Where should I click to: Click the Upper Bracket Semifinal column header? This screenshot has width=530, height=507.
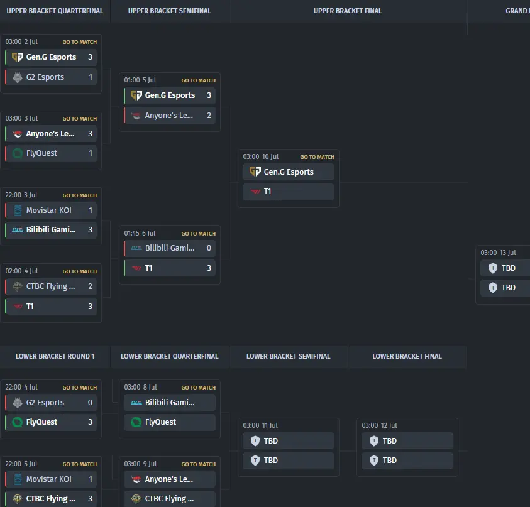point(169,11)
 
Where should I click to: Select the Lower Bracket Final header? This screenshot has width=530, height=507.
point(407,356)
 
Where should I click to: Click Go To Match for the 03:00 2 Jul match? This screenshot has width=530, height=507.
point(79,42)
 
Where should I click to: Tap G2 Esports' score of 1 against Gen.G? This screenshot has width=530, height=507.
point(91,77)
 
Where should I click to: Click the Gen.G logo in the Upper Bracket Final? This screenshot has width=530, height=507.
point(255,172)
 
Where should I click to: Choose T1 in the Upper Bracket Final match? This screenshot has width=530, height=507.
point(267,192)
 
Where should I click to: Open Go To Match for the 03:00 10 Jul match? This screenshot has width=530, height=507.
point(317,157)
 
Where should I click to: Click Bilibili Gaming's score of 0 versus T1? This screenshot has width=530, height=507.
point(209,248)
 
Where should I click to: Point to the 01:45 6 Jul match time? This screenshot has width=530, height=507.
point(140,233)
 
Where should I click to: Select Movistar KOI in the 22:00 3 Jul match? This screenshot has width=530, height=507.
point(48,210)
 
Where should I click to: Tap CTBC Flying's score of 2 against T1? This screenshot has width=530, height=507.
point(91,286)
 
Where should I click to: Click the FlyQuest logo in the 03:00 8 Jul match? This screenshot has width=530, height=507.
point(136,422)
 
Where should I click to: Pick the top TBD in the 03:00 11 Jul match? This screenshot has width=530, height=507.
point(271,441)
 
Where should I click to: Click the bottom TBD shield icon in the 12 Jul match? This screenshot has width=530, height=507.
point(374,460)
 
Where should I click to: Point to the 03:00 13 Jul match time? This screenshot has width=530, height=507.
point(498,253)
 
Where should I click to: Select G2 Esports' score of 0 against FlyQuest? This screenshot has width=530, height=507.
point(91,402)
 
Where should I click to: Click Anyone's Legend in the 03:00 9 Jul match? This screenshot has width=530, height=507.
point(169,479)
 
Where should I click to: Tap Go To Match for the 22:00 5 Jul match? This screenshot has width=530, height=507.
point(79,464)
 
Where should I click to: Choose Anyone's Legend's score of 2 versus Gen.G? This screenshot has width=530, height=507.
point(209,116)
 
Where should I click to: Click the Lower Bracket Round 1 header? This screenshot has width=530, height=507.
point(55,356)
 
